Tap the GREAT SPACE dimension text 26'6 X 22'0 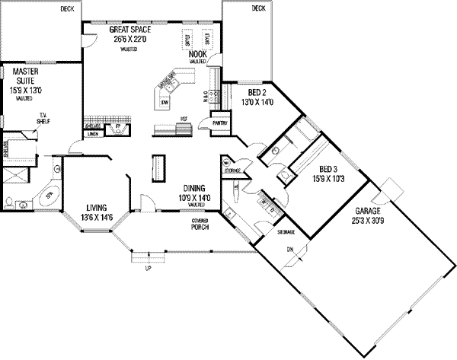(123, 38)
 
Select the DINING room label (197, 188)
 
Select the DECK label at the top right (259, 9)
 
